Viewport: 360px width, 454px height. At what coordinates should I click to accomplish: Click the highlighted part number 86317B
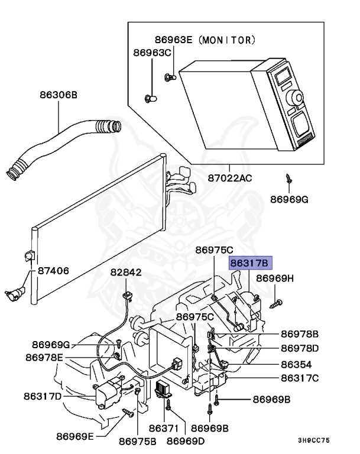249,263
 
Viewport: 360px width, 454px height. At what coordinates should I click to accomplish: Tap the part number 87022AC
230,177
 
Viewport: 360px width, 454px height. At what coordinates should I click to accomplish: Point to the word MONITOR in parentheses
227,40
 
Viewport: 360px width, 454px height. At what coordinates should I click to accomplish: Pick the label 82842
126,273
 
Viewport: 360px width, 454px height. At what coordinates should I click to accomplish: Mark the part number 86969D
186,440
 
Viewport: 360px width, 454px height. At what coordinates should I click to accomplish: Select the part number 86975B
138,440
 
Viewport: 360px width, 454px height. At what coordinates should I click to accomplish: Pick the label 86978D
299,348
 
